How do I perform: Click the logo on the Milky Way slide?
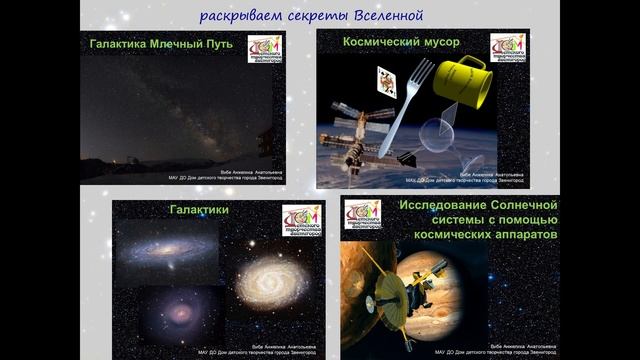pos(265,49)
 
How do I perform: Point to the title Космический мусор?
pos(388,43)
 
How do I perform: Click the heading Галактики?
pos(200,210)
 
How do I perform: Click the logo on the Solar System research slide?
pos(362,215)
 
